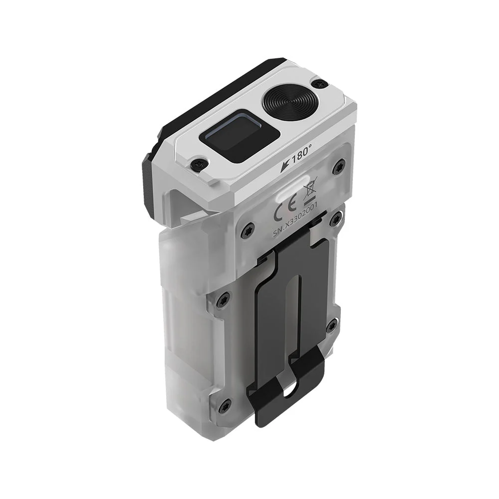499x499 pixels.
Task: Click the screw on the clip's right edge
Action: point(331,327)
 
